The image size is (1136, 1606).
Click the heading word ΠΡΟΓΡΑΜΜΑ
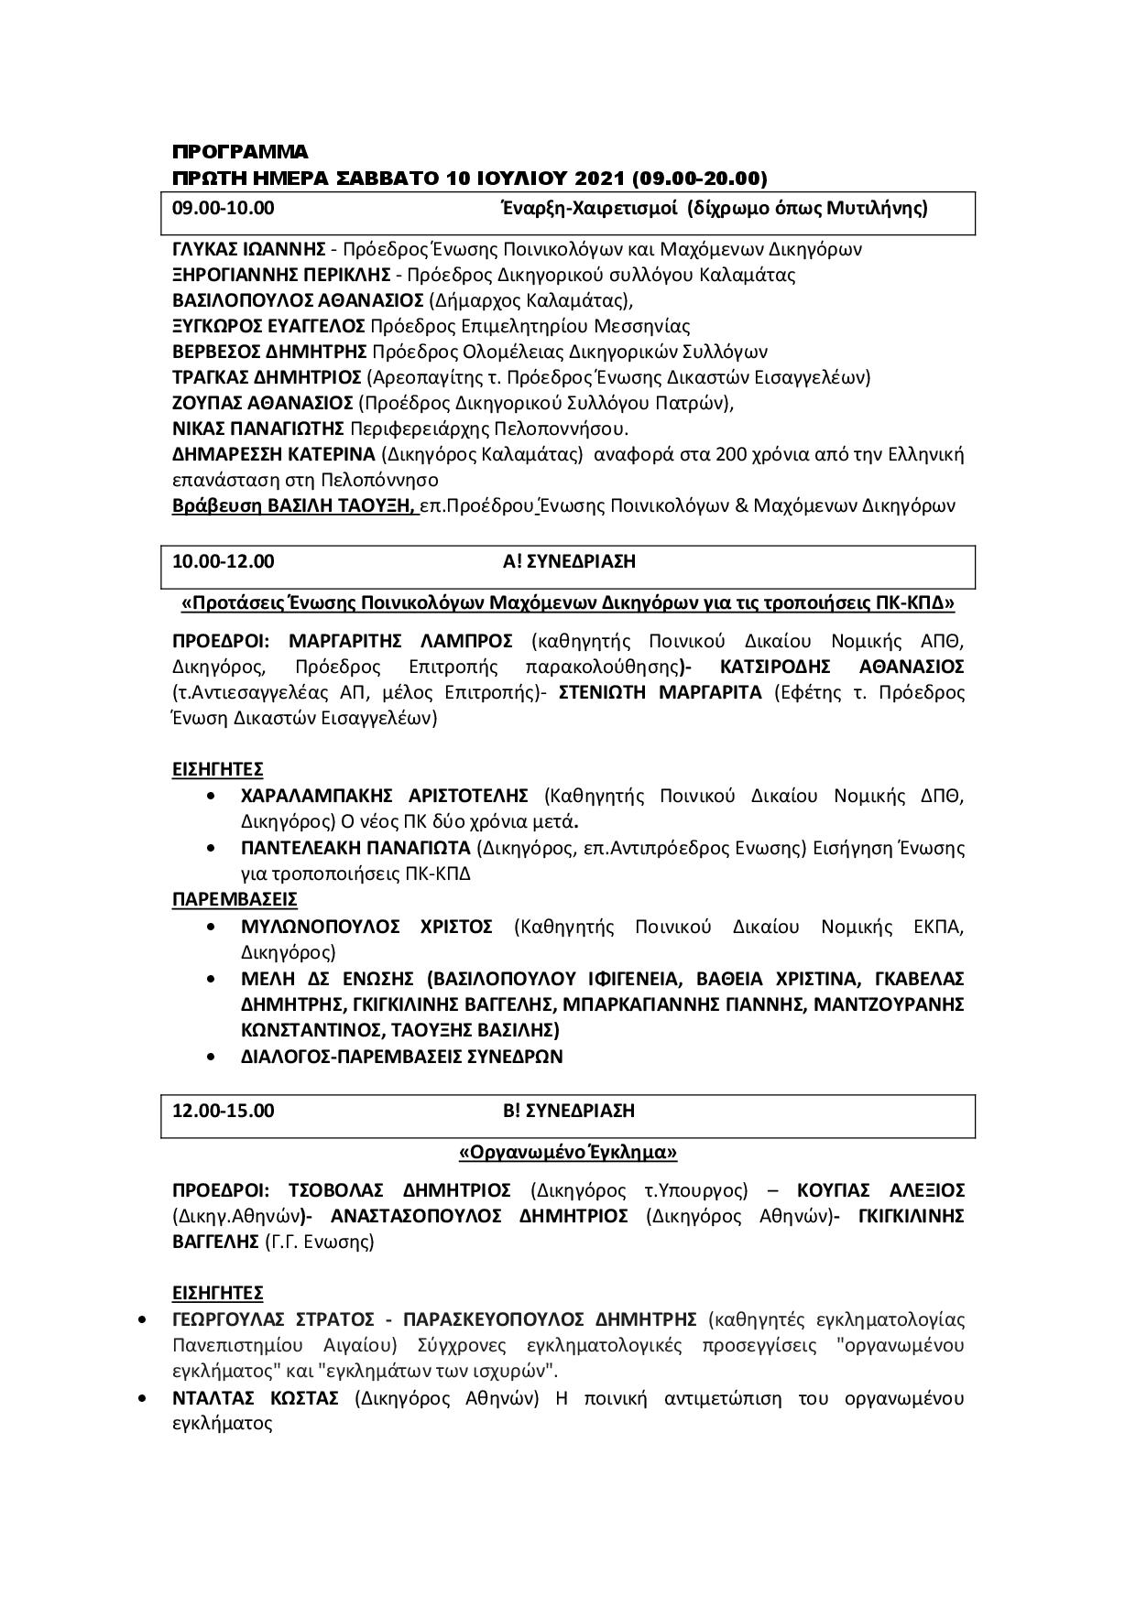(240, 151)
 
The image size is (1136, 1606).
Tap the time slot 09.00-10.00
(224, 208)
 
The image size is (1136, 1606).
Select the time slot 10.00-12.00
(224, 561)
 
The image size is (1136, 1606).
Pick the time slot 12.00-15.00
(224, 1111)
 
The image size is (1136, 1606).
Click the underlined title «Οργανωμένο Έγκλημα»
(568, 1151)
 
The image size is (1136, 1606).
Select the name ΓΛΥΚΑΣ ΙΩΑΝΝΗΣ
(249, 249)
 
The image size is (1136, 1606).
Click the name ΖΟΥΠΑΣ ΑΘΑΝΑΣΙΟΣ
(263, 403)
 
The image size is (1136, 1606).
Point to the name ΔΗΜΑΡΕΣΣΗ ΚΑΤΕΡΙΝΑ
(274, 454)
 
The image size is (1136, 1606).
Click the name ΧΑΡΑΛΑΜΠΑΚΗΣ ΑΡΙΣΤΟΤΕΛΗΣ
(385, 795)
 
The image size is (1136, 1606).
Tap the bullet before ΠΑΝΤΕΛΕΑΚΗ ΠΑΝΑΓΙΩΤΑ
(213, 848)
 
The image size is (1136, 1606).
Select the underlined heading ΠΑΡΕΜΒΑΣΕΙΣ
(235, 899)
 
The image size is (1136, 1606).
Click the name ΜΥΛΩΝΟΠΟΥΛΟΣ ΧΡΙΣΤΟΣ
(366, 927)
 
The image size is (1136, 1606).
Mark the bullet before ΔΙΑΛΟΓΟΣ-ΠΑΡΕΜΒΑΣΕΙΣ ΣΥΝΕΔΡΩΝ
(213, 1057)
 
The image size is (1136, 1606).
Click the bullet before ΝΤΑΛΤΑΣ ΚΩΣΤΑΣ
(141, 1398)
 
